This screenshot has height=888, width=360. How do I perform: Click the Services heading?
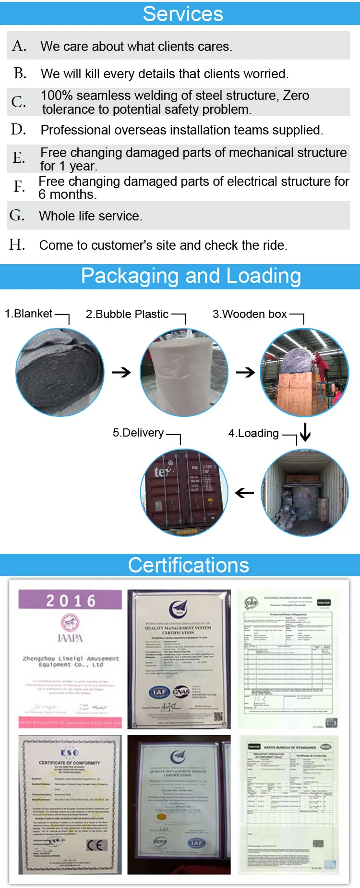[183, 13]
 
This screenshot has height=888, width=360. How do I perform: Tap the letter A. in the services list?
[19, 46]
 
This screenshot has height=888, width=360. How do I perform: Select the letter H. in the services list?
[17, 244]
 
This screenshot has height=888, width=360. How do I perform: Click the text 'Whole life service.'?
[90, 216]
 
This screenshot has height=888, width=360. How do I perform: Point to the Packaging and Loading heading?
[191, 276]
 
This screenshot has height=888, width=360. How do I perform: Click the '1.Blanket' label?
[28, 314]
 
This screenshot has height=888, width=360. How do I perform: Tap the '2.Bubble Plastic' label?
[127, 314]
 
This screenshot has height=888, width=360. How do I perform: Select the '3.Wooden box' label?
[250, 314]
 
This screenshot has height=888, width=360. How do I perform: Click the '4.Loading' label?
[253, 433]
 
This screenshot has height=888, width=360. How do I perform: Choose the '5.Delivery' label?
[138, 433]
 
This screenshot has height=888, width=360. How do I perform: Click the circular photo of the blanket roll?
[60, 372]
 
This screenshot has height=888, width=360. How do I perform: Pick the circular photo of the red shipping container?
[184, 493]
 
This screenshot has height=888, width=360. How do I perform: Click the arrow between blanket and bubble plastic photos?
[121, 372]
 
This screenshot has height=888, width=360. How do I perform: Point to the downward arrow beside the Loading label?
[305, 432]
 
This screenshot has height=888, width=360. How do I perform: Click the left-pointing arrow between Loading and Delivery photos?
[245, 493]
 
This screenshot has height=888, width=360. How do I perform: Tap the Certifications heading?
[189, 565]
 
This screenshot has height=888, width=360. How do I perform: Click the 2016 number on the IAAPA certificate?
[71, 601]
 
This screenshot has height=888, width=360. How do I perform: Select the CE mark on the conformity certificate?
[96, 846]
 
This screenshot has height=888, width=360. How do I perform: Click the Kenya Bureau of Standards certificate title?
[289, 748]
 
